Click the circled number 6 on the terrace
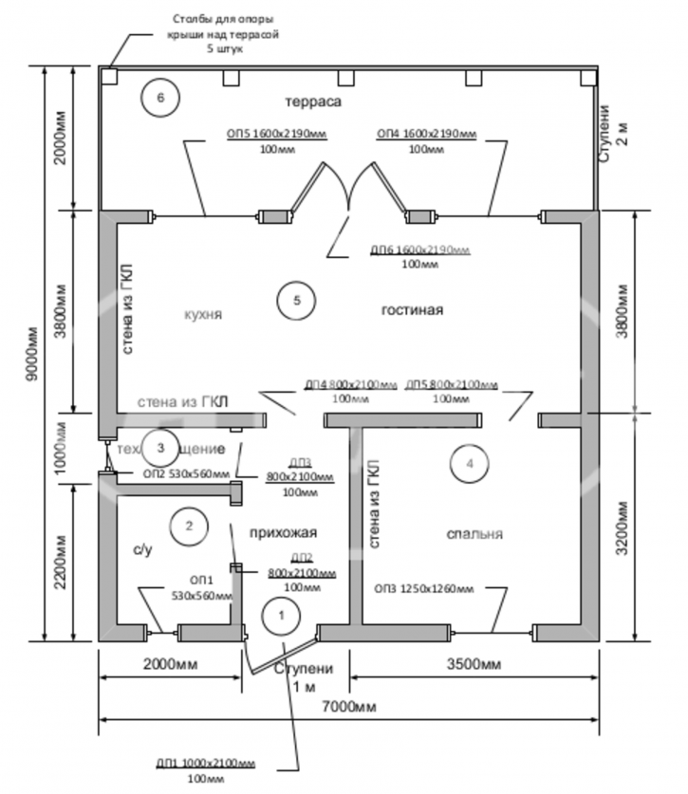(x=159, y=96)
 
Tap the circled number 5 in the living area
(x=296, y=301)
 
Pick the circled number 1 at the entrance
(x=279, y=615)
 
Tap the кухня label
(x=205, y=314)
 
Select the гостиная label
(x=413, y=310)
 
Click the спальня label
(x=474, y=533)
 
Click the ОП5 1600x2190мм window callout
(x=276, y=134)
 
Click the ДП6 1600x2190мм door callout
(x=420, y=250)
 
